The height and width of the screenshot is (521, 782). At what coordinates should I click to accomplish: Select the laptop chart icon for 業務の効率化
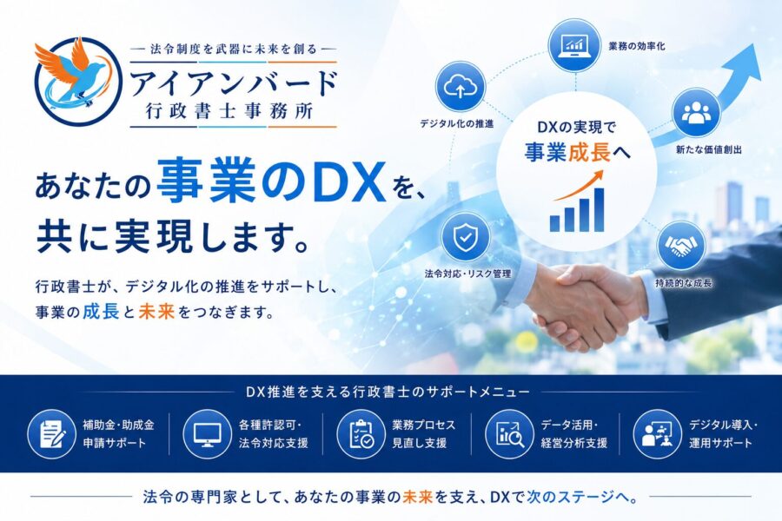[573, 44]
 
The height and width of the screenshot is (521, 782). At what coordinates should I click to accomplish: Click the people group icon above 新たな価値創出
[695, 113]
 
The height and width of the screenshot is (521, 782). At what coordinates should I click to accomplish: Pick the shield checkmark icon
[465, 237]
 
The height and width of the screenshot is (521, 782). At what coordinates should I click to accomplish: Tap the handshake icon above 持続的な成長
[681, 245]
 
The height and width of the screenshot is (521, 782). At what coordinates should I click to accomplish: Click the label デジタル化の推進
[456, 123]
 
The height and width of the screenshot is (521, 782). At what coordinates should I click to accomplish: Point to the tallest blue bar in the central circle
[599, 209]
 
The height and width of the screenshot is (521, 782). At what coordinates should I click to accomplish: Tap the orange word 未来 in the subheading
[156, 311]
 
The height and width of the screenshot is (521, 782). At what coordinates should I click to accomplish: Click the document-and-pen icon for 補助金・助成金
[51, 434]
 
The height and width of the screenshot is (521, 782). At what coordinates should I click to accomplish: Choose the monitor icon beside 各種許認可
[207, 434]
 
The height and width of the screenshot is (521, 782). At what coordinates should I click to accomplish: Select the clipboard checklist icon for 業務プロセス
[361, 434]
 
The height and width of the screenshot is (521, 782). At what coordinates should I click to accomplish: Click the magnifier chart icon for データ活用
[509, 434]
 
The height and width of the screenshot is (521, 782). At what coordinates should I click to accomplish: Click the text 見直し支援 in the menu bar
[419, 443]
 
